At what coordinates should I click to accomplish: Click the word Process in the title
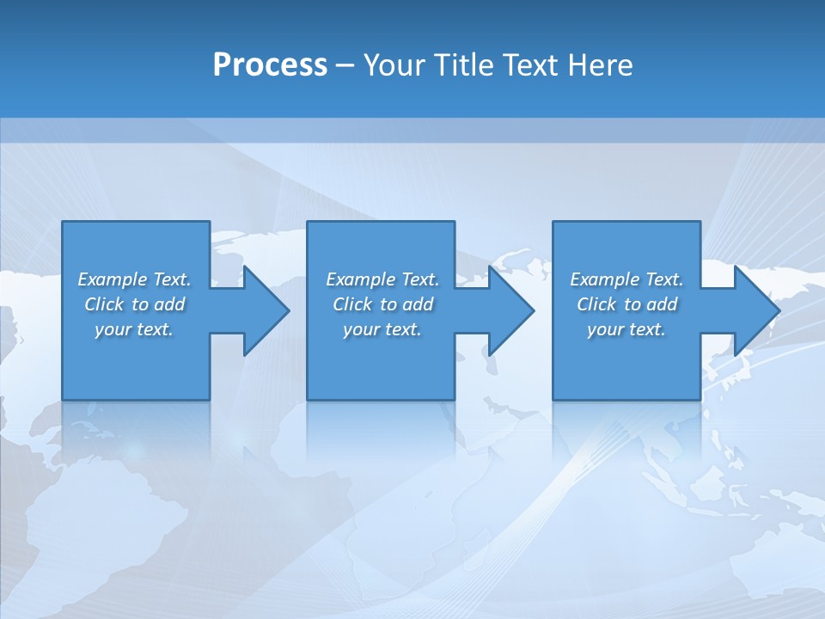click(x=270, y=65)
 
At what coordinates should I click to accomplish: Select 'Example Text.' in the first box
click(x=134, y=279)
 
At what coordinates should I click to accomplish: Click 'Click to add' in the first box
click(x=134, y=304)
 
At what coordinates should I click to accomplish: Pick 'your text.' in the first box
click(x=134, y=329)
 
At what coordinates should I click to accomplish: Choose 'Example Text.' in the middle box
click(x=382, y=279)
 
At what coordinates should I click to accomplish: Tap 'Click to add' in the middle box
click(x=382, y=304)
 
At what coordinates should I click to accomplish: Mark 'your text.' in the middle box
click(x=382, y=329)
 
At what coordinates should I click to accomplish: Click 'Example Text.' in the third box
click(x=626, y=279)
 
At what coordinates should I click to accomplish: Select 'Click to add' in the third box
click(x=626, y=304)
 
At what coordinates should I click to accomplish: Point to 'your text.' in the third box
click(x=626, y=329)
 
